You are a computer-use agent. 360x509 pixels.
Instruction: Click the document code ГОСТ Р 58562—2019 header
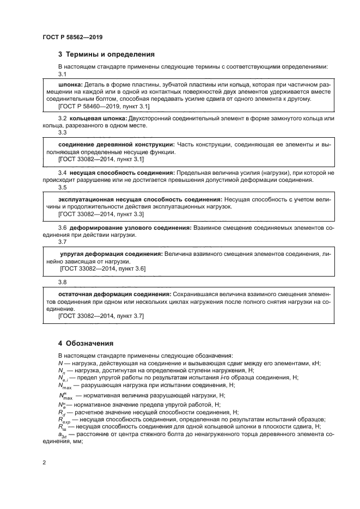click(72, 37)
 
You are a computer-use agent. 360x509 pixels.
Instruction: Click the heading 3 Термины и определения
click(106, 54)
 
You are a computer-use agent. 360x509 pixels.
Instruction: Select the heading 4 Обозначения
click(86, 344)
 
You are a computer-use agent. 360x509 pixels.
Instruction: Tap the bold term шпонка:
click(70, 85)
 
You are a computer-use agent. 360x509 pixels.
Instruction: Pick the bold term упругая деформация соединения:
click(111, 254)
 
